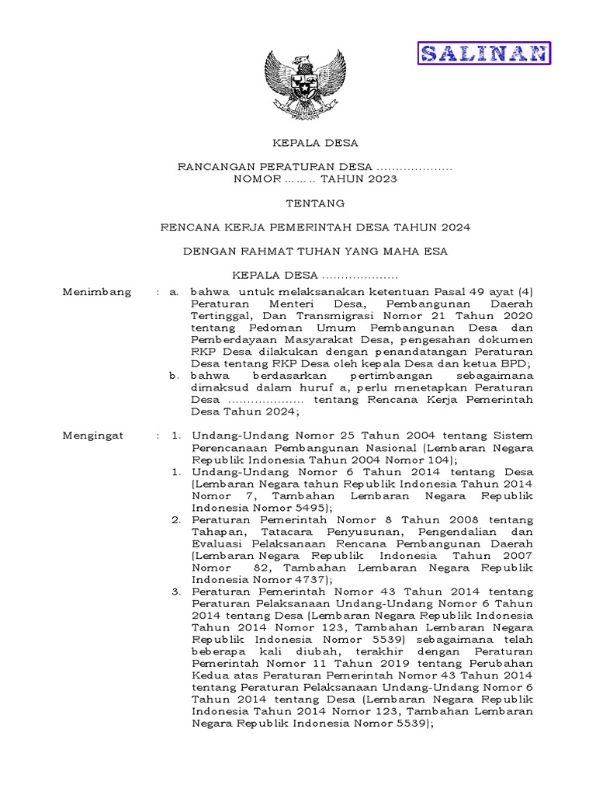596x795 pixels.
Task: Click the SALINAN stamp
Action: coord(485,53)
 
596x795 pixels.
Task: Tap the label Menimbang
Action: coord(96,292)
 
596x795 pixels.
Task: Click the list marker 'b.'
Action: coord(175,376)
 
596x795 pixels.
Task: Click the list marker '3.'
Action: coord(175,592)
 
